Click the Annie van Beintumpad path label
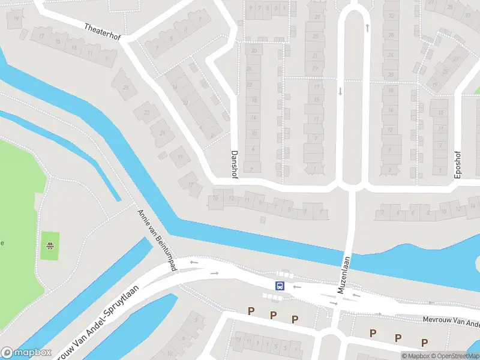[155, 239]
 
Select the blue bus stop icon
[280, 286]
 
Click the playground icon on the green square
[50, 245]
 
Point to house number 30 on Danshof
[254, 50]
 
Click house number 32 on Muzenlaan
[391, 16]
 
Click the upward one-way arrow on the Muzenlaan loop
[367, 28]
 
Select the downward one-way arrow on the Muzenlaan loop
[340, 91]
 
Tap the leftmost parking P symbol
[251, 311]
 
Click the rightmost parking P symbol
[424, 343]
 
